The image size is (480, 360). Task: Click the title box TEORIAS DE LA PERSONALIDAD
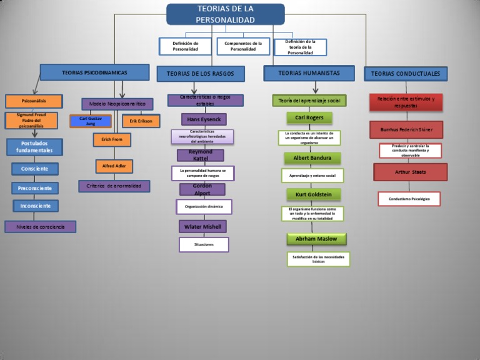tap(225, 14)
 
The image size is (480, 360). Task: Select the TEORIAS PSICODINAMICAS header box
tap(94, 72)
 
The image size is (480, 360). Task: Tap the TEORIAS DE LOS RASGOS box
tap(201, 74)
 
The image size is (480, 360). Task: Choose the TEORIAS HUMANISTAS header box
tap(309, 73)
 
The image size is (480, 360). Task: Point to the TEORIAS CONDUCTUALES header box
tap(405, 74)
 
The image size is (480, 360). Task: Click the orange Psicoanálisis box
tap(34, 101)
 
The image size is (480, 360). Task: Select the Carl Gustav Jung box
tap(91, 121)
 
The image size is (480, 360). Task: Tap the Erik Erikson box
tap(141, 121)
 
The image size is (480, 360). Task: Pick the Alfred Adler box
tap(114, 166)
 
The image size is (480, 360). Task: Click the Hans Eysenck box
tap(204, 119)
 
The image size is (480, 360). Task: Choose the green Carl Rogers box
tap(309, 117)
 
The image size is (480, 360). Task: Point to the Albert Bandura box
tap(312, 158)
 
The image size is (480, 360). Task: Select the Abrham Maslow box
tap(316, 239)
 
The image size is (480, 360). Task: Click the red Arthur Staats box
tap(411, 172)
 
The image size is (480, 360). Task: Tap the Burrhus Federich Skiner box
tap(406, 129)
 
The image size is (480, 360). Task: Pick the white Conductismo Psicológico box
tap(409, 199)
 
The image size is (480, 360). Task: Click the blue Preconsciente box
tap(35, 188)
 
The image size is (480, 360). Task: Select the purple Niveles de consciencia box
tap(41, 227)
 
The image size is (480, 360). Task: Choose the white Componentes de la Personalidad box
tap(243, 46)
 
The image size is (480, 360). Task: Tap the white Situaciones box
tap(204, 244)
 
